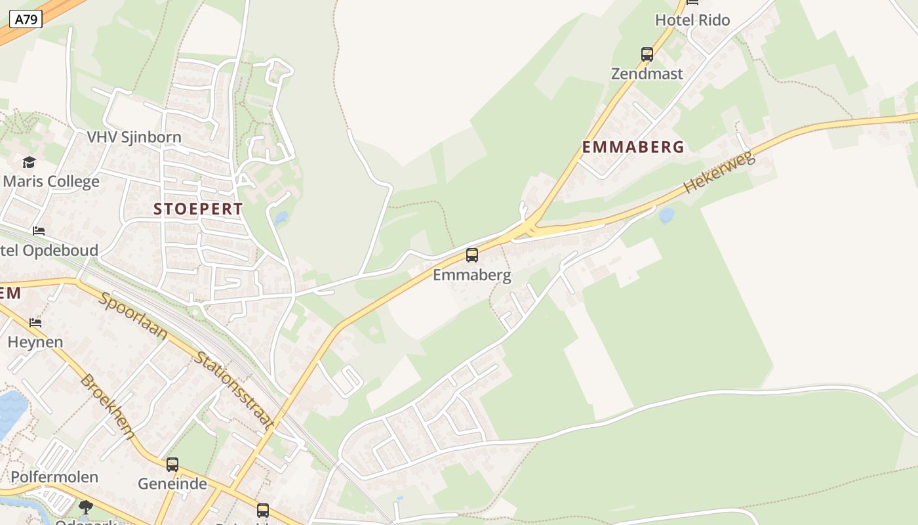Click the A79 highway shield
[26, 20]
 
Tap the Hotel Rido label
[692, 20]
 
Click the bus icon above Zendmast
[647, 54]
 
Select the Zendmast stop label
[647, 73]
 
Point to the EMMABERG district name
[633, 147]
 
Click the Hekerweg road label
[719, 173]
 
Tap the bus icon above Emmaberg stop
[472, 255]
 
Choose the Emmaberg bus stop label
[471, 275]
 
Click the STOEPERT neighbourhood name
[198, 209]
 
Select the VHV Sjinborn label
[134, 138]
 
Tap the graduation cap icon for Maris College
[29, 162]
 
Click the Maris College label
[51, 182]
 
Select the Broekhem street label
[108, 407]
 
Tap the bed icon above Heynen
[35, 322]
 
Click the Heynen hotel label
[35, 342]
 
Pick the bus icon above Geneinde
[172, 465]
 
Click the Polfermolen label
[54, 477]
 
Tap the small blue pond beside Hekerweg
[666, 215]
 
